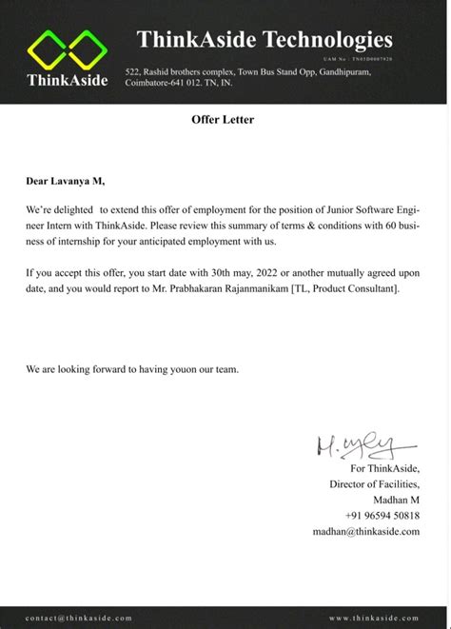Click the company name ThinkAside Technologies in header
[x=265, y=40]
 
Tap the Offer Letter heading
[x=225, y=120]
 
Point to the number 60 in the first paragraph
[x=377, y=220]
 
